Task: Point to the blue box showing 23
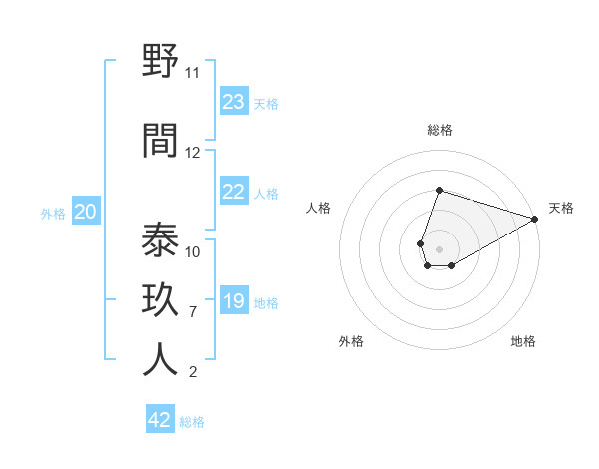234,102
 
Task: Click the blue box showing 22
234,193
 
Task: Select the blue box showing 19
234,301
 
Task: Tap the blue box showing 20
86,212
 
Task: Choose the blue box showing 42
160,420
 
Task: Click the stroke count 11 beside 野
192,73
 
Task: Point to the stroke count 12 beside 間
193,153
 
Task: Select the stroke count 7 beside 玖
192,312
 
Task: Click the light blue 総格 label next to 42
192,422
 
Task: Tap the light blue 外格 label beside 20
53,213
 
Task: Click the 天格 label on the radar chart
561,208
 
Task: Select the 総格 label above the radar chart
439,130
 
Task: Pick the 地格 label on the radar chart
523,341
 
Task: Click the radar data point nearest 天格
535,219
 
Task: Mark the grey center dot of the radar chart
439,247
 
